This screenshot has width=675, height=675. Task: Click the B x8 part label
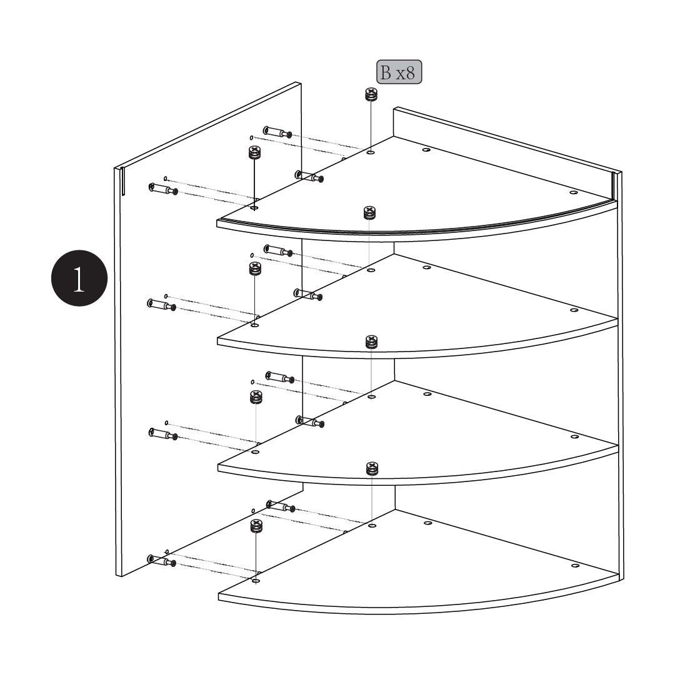(399, 72)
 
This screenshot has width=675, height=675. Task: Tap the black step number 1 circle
(79, 278)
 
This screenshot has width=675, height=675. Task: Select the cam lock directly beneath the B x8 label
(371, 95)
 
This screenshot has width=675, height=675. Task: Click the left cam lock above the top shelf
(254, 152)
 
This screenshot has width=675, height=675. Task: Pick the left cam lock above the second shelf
(255, 269)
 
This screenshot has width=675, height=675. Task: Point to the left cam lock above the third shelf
(256, 397)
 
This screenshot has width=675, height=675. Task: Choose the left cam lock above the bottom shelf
(256, 526)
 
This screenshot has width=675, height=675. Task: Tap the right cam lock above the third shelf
(371, 342)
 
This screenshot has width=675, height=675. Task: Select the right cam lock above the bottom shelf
(372, 469)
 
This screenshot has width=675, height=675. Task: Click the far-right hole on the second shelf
(574, 310)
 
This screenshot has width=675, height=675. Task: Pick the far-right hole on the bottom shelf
(575, 565)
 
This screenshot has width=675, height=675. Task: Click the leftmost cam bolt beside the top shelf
(162, 189)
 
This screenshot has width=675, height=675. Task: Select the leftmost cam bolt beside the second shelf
(162, 305)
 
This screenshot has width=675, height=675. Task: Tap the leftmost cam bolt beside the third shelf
(163, 434)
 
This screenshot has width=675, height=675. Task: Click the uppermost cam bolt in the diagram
(277, 132)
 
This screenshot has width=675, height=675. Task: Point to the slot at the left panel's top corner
(123, 182)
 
